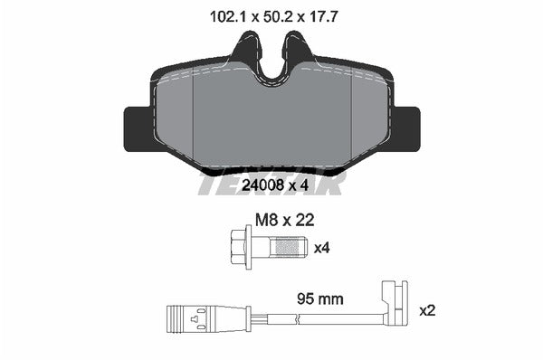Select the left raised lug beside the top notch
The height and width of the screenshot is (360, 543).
tap(244, 50)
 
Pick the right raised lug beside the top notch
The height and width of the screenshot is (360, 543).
tap(297, 50)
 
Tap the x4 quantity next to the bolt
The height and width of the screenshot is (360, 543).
tap(322, 247)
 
